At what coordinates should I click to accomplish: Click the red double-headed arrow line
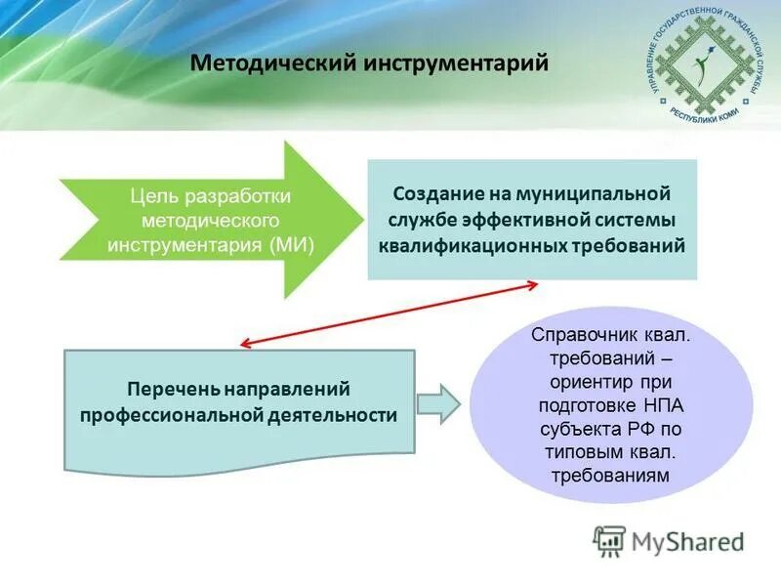[x=389, y=314]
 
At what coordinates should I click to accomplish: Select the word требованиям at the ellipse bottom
[x=610, y=475]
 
